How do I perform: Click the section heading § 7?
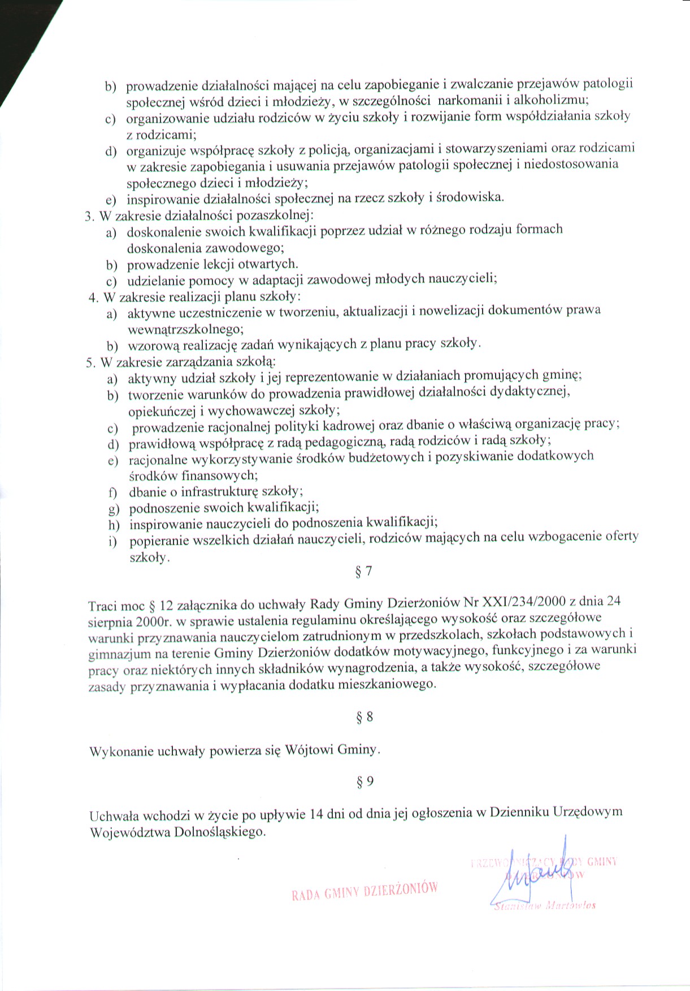tap(364, 571)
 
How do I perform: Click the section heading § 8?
tap(364, 717)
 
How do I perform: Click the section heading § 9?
tap(365, 782)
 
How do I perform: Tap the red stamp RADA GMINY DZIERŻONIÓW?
tap(364, 890)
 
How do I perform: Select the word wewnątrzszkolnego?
tap(186, 329)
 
